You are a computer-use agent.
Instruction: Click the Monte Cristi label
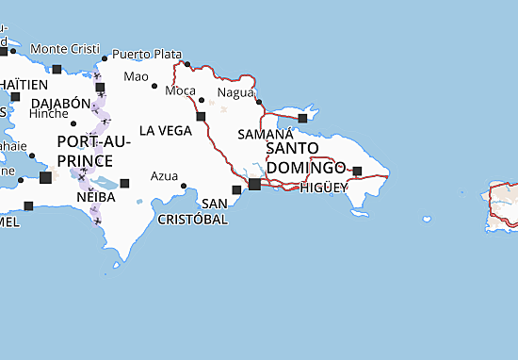point(63,48)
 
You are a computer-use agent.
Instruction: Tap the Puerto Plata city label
point(145,53)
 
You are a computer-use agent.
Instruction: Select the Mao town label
point(137,75)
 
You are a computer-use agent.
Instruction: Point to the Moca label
point(180,90)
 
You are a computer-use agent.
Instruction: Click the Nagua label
point(235,92)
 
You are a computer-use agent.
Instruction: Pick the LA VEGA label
point(166,130)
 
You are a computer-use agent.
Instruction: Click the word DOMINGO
point(305,167)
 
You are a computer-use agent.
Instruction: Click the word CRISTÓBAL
point(194,219)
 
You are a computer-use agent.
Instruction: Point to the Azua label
point(164,175)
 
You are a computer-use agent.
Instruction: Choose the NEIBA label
point(96,199)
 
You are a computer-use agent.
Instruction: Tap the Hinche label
point(49,112)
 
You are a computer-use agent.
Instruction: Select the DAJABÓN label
point(60,103)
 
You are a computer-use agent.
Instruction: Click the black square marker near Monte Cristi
point(57,69)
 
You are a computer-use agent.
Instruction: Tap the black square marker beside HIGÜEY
point(357,172)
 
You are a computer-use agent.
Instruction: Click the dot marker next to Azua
point(185,186)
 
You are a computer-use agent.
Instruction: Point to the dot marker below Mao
point(154,87)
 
